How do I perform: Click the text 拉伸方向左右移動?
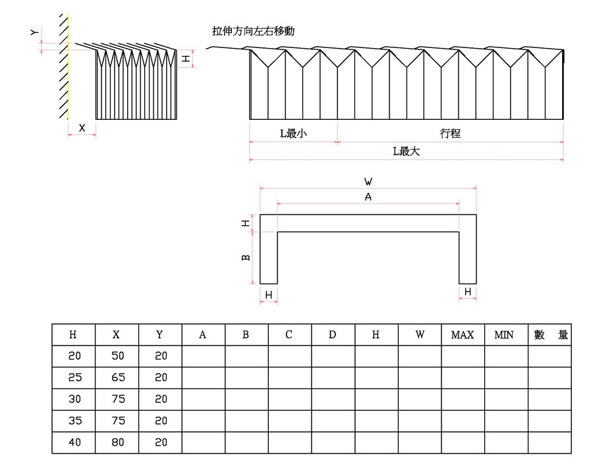[x=252, y=31]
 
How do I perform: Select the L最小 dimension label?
[x=293, y=134]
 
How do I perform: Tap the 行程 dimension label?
[x=450, y=134]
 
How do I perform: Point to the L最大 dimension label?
[x=406, y=151]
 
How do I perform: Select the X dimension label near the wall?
[x=82, y=128]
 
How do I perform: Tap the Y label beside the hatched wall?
[x=35, y=32]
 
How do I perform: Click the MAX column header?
[x=463, y=334]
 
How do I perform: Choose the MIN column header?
[x=505, y=334]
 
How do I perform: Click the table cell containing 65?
[x=117, y=378]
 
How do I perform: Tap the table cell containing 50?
[x=117, y=356]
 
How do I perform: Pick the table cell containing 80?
[x=117, y=442]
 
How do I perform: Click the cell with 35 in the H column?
[x=74, y=421]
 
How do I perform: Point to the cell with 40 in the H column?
[x=74, y=442]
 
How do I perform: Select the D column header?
[x=332, y=334]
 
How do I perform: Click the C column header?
[x=289, y=334]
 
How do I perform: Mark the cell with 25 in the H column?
[x=74, y=378]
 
